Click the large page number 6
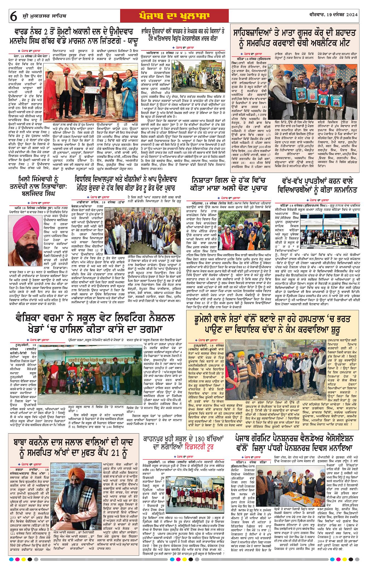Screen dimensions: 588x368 coord(13,17)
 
